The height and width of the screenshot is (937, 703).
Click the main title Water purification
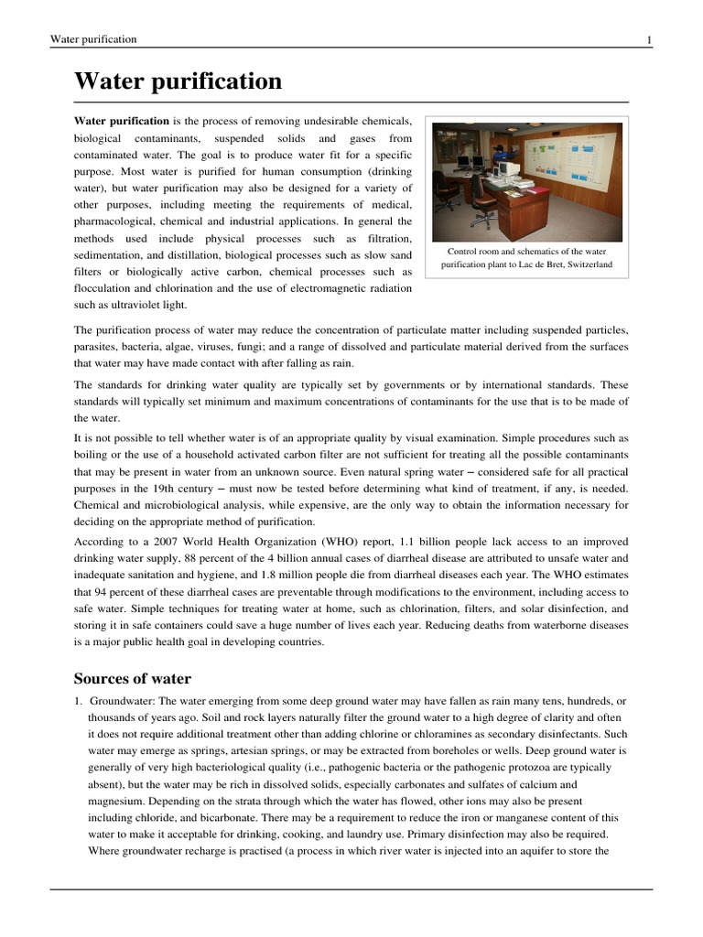pos(178,81)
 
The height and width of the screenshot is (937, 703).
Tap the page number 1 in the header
pos(649,39)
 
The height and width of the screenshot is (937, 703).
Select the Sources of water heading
pos(132,678)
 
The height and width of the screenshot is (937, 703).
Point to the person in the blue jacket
pos(498,149)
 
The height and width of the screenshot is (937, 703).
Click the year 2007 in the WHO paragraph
pos(163,542)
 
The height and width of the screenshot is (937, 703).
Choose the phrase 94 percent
pos(115,591)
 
